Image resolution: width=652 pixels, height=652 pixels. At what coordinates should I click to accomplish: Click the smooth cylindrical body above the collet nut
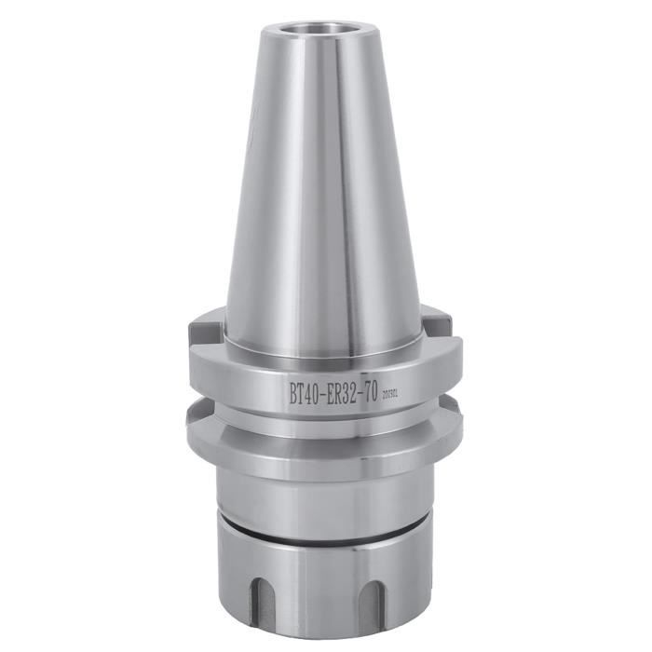pos(321,494)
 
